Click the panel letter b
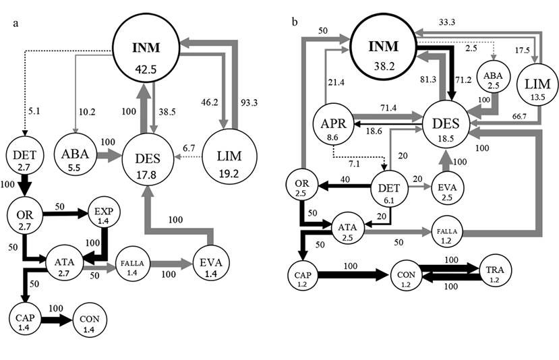click(295, 22)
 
